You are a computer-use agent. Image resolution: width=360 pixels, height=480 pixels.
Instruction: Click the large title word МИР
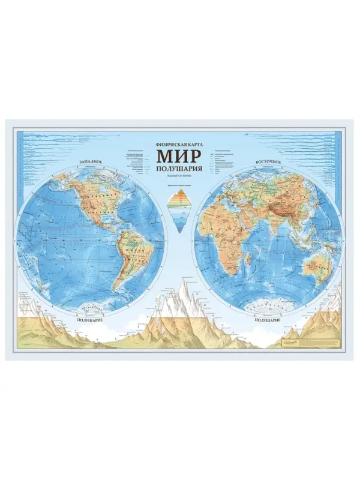(x=179, y=154)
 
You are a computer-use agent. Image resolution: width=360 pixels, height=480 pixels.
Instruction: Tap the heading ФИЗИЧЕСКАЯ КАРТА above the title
(x=179, y=145)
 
